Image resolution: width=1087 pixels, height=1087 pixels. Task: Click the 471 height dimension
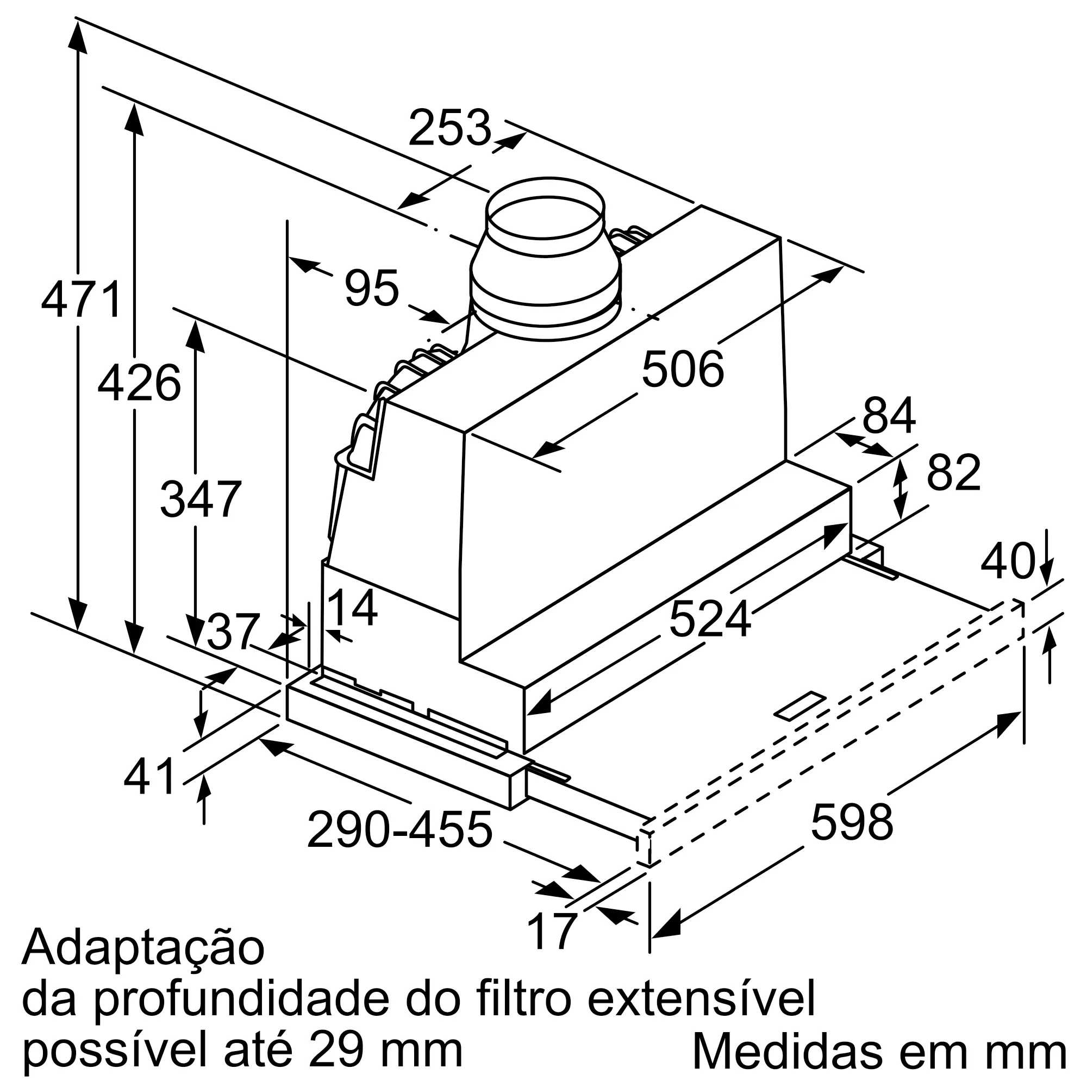82,300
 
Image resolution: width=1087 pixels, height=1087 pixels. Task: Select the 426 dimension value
139,383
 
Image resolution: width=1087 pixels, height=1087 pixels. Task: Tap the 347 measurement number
201,499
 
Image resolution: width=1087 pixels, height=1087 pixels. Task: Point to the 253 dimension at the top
450,128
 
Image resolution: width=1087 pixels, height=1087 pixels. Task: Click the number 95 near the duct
372,289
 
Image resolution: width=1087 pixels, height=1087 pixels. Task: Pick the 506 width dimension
683,370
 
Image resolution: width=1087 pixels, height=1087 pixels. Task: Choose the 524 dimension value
709,619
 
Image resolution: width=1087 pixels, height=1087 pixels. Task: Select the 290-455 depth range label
400,830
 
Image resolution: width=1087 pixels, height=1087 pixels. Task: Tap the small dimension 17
553,931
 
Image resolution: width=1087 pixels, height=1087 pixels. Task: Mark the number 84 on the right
889,416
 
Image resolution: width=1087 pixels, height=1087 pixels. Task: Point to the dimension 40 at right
1008,561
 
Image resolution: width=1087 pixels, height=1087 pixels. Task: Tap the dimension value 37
233,632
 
